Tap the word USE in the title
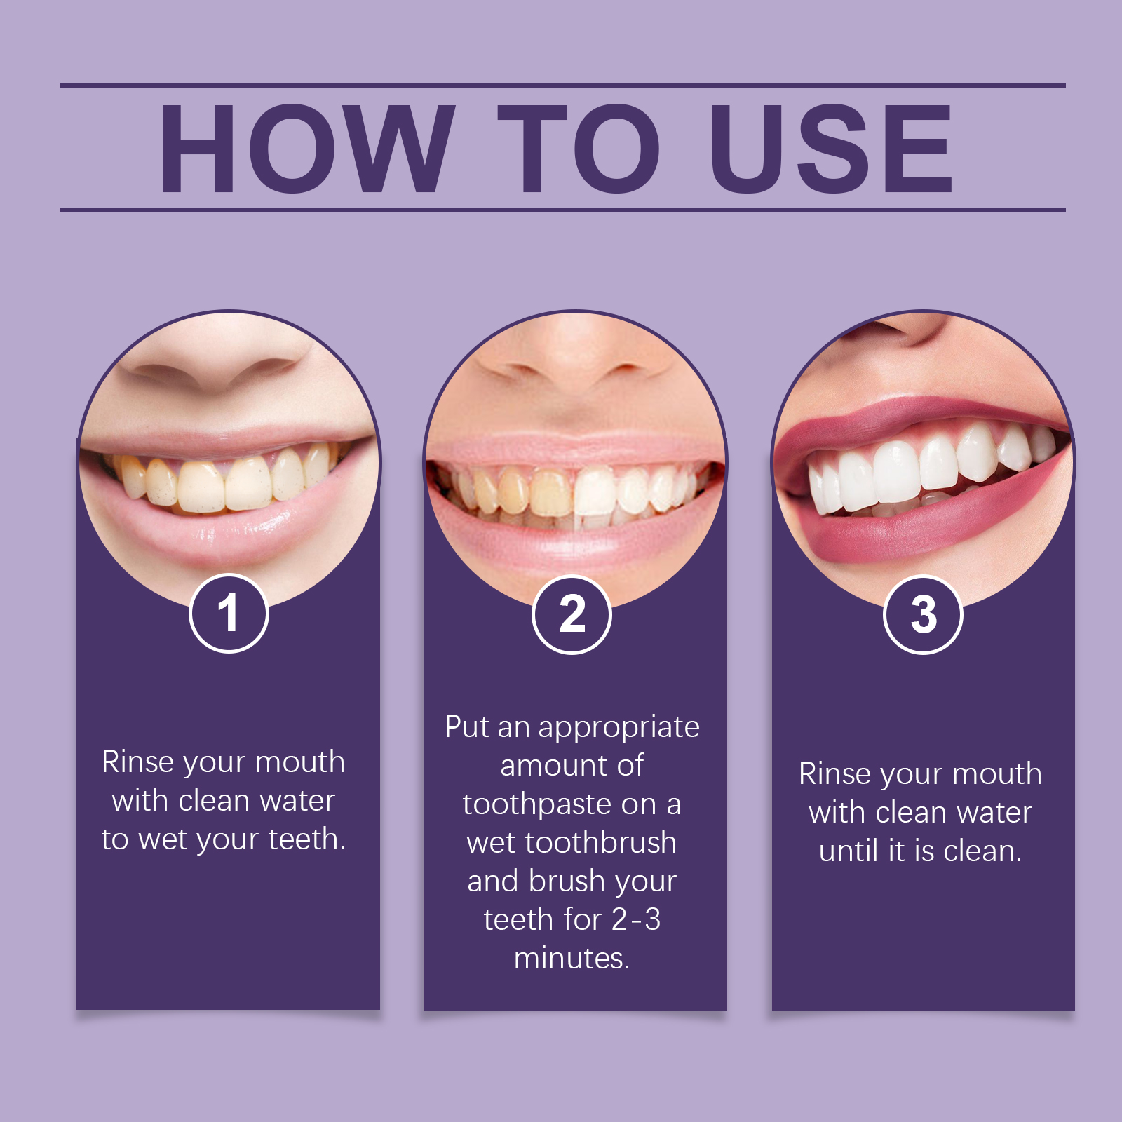click(832, 148)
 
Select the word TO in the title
click(579, 148)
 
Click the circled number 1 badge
click(229, 614)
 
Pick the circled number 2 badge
click(572, 615)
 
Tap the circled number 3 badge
click(923, 615)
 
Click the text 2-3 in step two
click(636, 919)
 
